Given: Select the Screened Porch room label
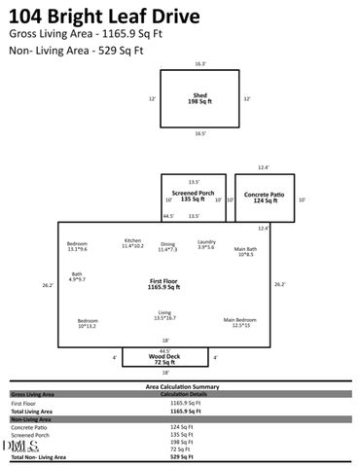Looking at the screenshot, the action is click(194, 197).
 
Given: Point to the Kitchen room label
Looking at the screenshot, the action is click(132, 243).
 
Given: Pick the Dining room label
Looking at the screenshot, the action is click(168, 247).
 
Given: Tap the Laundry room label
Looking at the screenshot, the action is click(206, 244).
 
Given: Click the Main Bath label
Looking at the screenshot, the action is click(245, 251).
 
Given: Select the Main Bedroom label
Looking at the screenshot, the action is click(240, 322).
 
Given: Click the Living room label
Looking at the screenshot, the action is click(164, 315).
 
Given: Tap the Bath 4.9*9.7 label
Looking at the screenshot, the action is click(77, 276).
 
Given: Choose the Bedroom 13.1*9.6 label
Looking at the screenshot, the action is click(77, 246).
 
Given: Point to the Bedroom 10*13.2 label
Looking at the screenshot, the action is click(88, 323).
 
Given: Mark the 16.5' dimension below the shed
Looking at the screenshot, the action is click(199, 134).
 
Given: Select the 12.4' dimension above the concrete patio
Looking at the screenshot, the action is click(263, 167).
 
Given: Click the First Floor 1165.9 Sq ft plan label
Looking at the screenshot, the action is click(164, 284).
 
